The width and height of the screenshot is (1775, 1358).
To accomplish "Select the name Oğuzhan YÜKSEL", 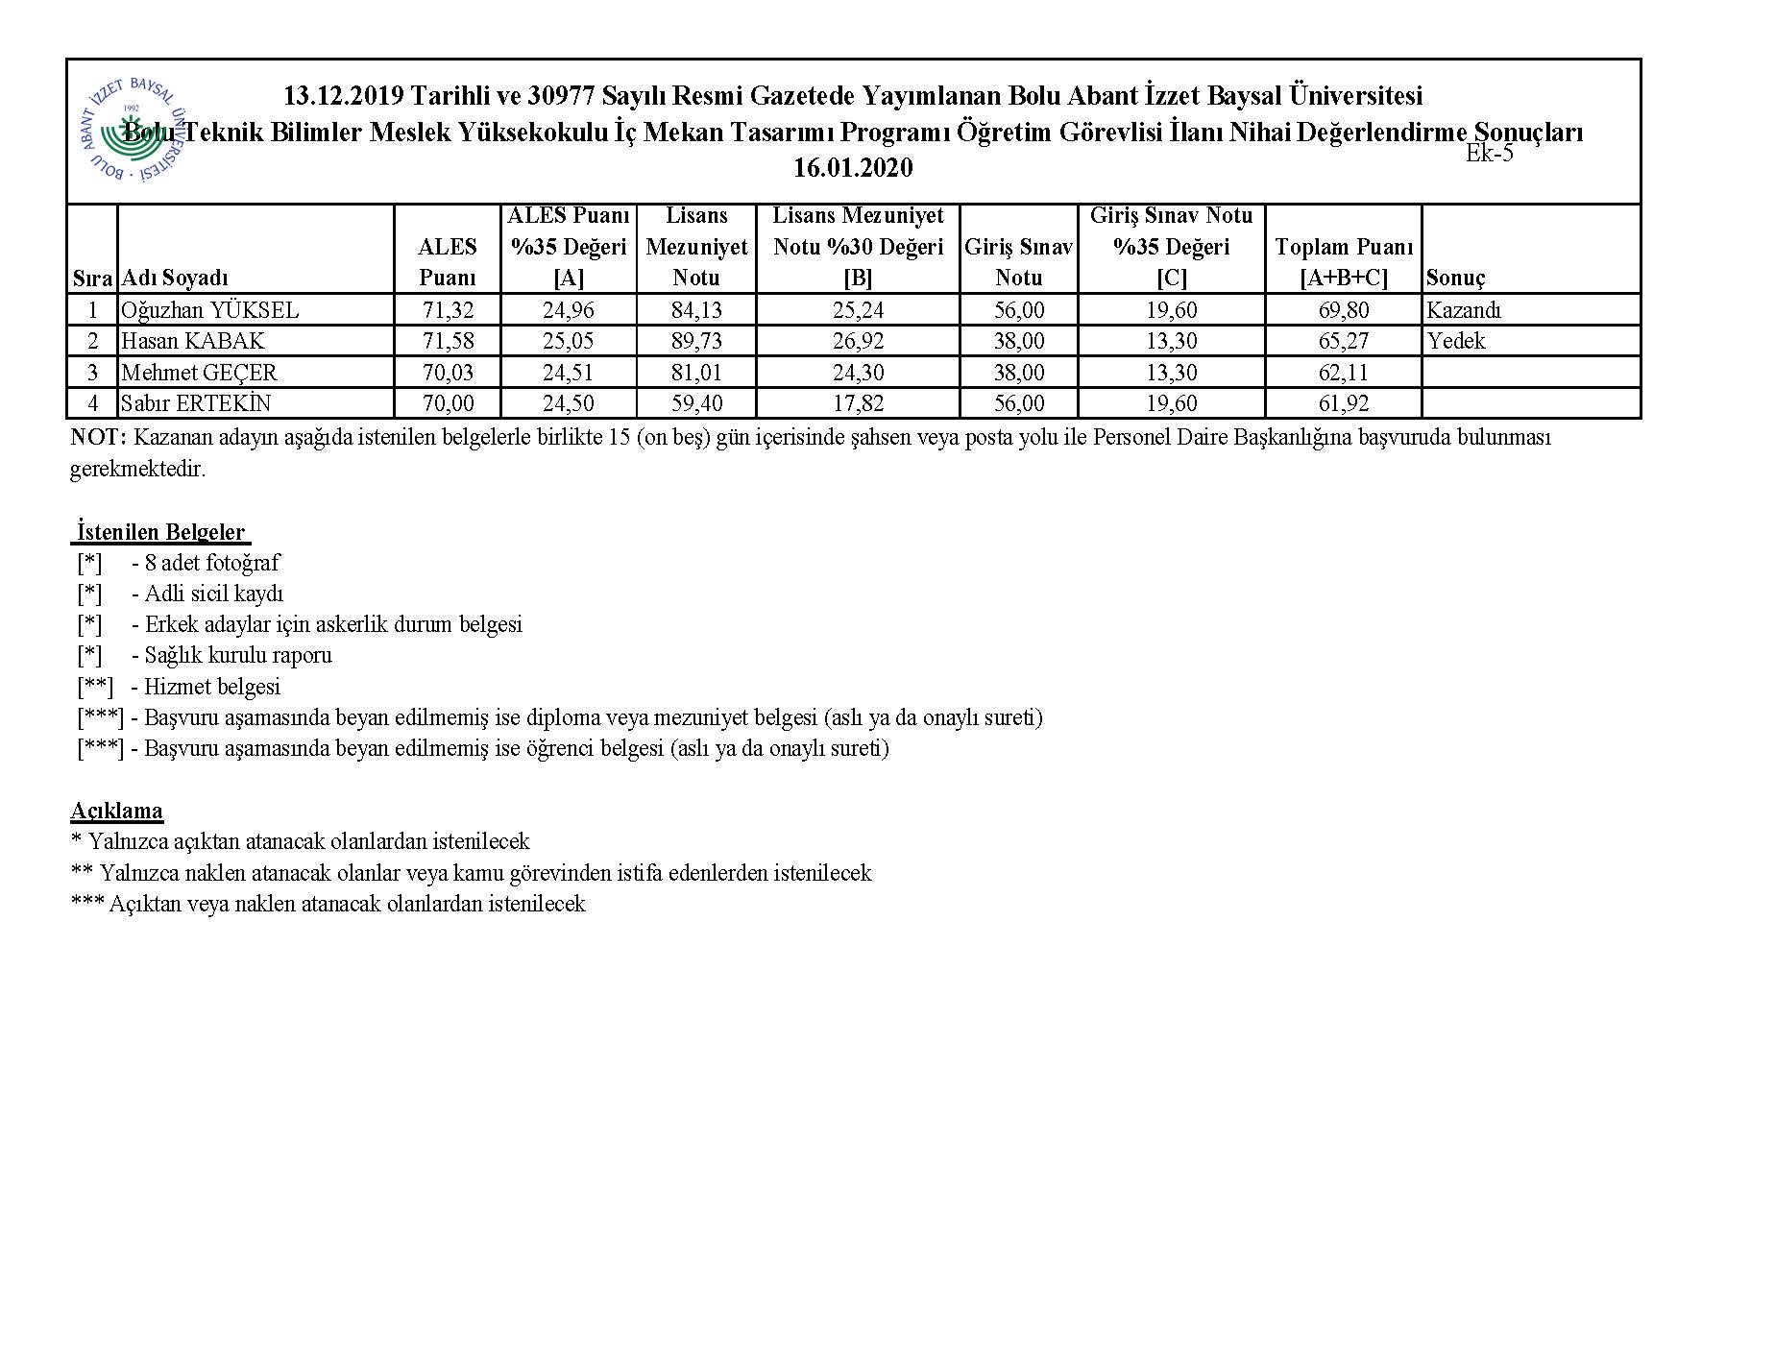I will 210,310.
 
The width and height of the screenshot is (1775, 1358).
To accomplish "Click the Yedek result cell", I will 1456,341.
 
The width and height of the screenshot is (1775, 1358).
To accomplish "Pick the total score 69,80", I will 1344,310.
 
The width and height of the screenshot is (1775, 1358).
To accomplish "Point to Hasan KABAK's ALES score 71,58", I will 448,341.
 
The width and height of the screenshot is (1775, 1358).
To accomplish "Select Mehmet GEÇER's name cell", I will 199,373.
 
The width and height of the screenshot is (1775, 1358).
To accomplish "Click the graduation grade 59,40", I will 696,403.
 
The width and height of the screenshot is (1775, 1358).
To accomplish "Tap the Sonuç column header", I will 1455,279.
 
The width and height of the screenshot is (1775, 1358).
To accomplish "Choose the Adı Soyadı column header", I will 175,279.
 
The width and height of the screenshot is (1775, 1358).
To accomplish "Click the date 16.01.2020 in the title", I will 853,169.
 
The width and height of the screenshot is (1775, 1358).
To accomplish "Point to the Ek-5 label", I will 1489,154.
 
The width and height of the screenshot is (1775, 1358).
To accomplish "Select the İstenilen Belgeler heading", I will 160,532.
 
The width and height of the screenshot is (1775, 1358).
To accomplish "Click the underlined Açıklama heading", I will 116,811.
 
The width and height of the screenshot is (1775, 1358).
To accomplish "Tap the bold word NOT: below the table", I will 98,438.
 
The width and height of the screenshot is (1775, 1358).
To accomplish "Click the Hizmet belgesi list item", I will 211,687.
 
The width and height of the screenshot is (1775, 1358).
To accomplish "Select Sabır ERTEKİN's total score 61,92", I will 1344,403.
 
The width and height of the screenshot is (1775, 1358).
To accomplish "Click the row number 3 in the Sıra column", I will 93,373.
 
